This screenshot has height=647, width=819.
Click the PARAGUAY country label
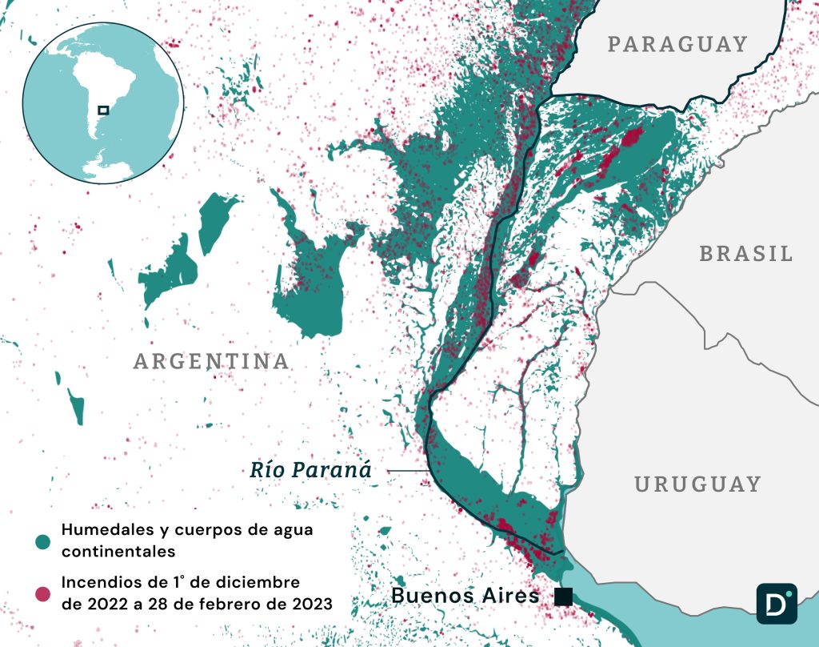[x=677, y=44]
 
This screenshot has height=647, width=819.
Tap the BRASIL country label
[x=746, y=254]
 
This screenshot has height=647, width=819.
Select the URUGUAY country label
[x=697, y=484]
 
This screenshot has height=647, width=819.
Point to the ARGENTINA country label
[x=211, y=361]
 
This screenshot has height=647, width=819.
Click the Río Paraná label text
[x=310, y=470]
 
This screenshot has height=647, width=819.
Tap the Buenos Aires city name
[x=465, y=596]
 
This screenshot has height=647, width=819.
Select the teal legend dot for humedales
[x=42, y=542]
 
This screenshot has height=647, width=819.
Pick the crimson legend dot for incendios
[x=42, y=593]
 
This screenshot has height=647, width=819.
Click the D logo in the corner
[x=777, y=603]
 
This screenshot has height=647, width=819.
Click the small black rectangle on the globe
[x=103, y=110]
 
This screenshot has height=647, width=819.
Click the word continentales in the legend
[x=118, y=553]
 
